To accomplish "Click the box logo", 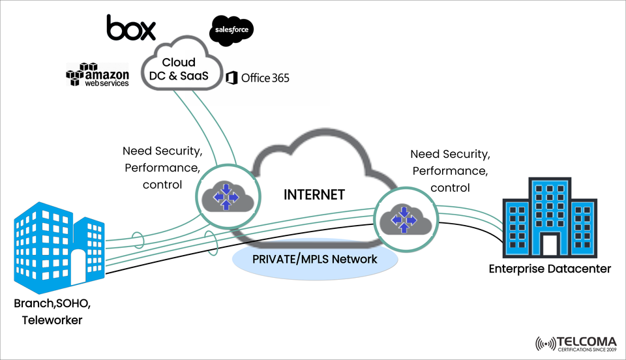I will (x=131, y=27).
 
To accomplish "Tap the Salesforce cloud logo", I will (x=231, y=31).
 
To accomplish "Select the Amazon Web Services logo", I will (x=98, y=75).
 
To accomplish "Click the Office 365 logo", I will (x=258, y=78).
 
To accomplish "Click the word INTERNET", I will (x=314, y=194).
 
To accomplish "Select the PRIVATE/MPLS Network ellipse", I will (x=315, y=260).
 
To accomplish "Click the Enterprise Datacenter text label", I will (x=550, y=269).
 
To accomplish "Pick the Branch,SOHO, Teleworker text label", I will (x=53, y=312).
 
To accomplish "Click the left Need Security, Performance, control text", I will (x=162, y=168).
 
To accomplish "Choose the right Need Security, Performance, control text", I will (x=450, y=171).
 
